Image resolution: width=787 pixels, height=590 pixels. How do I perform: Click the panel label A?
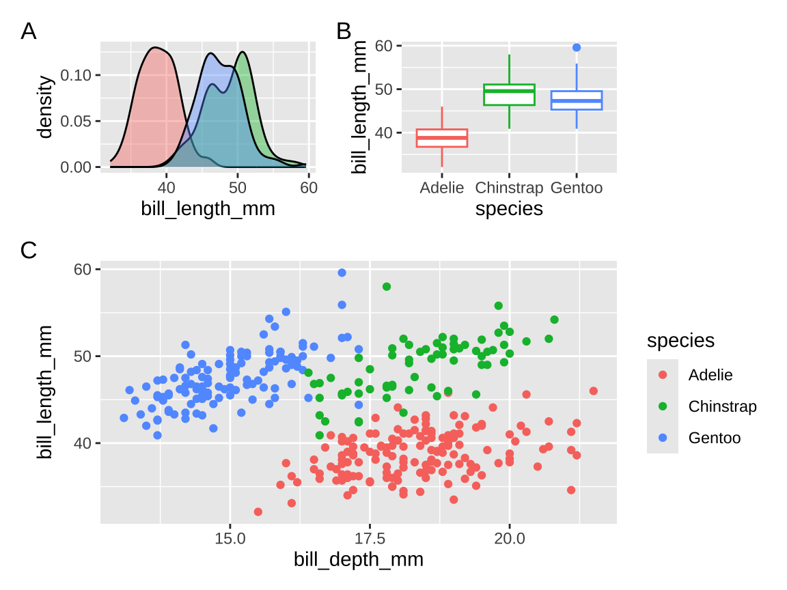coord(29,31)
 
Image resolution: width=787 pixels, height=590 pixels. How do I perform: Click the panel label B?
coord(344,31)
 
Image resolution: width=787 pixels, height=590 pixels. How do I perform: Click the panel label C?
coord(29,251)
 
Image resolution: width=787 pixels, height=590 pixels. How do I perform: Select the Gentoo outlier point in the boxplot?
coord(577,47)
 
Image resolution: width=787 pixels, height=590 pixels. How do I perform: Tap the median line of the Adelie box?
coord(442,138)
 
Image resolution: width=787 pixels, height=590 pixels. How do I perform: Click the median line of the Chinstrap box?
coord(509,91)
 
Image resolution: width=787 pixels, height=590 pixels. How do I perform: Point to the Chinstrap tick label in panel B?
coord(509,188)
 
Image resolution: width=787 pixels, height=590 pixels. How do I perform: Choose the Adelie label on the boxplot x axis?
coord(442,188)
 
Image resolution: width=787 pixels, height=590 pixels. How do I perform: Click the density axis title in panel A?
coord(46,108)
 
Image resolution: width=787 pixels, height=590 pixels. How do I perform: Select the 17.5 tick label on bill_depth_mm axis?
coord(370,538)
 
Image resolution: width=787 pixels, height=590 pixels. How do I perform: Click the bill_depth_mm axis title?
coord(359,560)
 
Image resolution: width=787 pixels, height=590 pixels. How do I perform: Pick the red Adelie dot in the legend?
coord(663,375)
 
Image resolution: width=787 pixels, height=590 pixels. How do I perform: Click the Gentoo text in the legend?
coord(714,438)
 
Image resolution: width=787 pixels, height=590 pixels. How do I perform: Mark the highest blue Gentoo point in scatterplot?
coord(342,273)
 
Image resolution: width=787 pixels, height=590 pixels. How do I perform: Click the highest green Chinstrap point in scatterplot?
coord(387,287)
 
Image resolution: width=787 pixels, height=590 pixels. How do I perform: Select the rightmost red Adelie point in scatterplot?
coord(593,391)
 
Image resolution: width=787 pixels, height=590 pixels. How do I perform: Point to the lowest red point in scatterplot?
coord(258,511)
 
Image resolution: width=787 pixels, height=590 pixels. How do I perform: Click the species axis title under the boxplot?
coord(509,209)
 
